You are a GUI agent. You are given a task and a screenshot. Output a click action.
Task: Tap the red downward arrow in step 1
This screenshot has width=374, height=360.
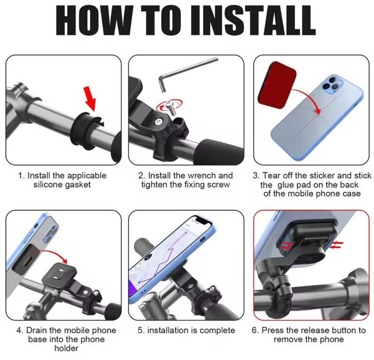[x=90, y=98]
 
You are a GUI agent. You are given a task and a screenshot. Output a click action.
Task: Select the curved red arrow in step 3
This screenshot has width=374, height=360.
[x=308, y=98]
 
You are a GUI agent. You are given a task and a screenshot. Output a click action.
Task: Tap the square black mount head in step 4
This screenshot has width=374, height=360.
[x=59, y=274]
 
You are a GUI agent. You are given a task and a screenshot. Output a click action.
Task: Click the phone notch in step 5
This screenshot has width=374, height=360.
[x=201, y=220]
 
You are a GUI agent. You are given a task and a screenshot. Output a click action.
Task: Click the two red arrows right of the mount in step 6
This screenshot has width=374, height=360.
[x=336, y=245]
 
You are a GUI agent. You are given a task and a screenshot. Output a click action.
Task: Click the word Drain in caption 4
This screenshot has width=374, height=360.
[x=36, y=330]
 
